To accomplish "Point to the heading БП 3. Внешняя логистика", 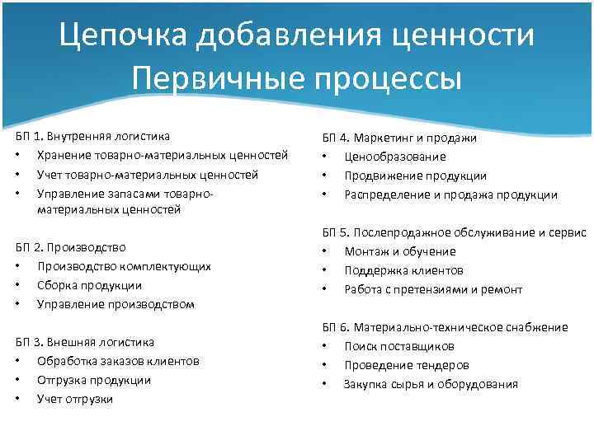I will [x=85, y=342].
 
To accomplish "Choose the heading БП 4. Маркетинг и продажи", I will [x=399, y=138].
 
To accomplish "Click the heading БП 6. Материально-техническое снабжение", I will [x=445, y=327].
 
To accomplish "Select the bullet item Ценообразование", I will [x=395, y=157].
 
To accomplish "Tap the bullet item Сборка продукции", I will [x=89, y=285].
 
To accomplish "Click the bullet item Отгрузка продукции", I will [x=94, y=380].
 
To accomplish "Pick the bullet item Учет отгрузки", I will [x=75, y=399].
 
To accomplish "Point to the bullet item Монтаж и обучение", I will [x=400, y=251].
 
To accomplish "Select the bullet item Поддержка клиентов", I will [x=403, y=270].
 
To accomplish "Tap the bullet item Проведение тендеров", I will [x=407, y=365].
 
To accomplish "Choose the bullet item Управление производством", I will [x=115, y=304].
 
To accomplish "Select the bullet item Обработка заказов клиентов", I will [x=118, y=361].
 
